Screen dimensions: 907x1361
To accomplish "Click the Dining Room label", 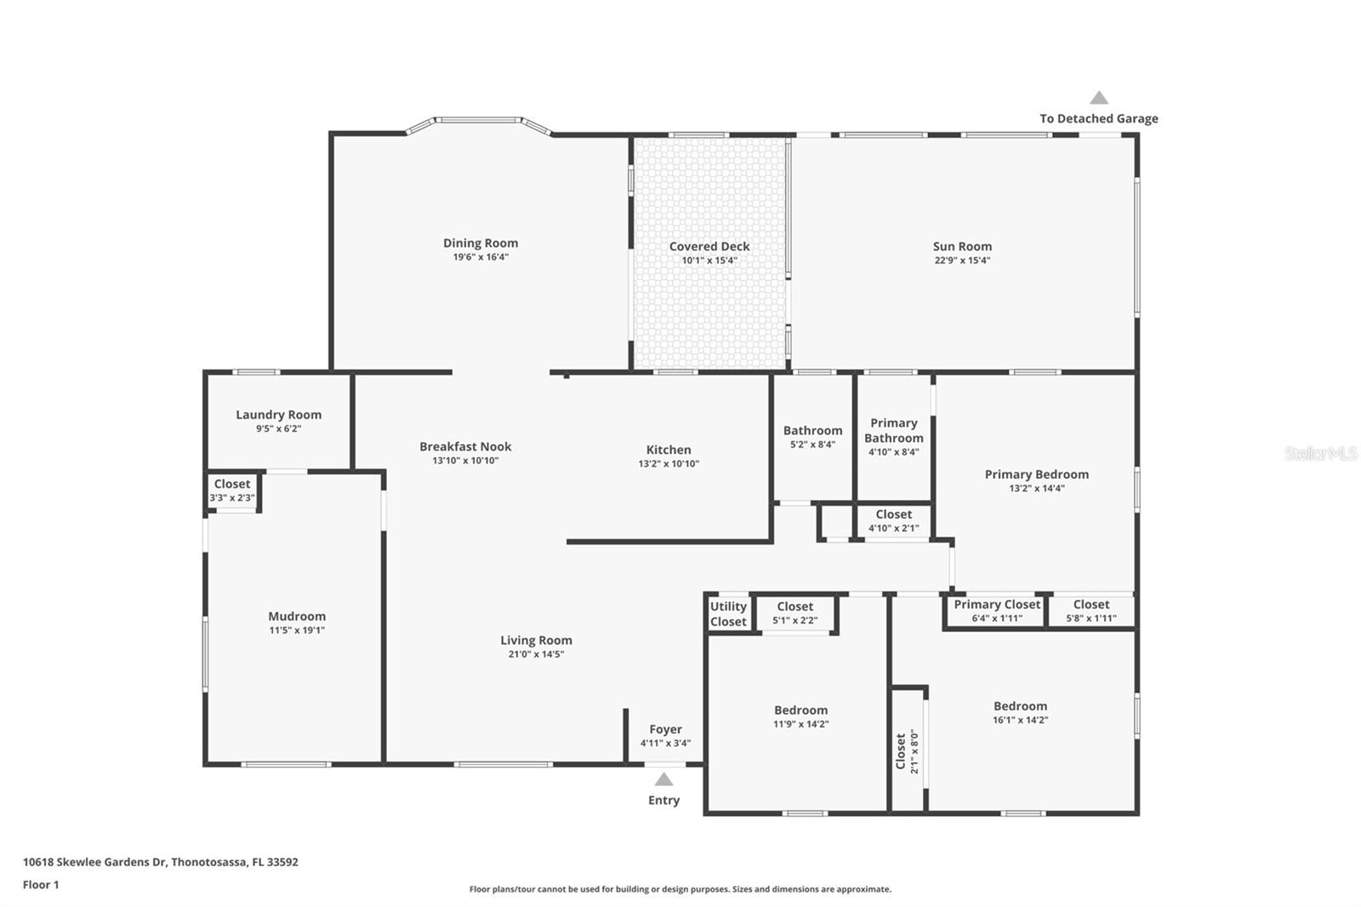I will (480, 243).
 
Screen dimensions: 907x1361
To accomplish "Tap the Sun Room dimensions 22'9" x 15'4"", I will (962, 261).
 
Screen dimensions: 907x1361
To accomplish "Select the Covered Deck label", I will (709, 247).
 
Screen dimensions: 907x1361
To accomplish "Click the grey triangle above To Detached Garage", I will (1099, 98).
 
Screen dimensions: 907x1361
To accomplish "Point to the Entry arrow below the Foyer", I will (663, 779).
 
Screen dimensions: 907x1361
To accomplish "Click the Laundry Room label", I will (278, 415).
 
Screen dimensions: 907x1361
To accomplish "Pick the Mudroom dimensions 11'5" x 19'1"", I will (297, 630).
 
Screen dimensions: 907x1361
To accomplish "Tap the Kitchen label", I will (669, 450).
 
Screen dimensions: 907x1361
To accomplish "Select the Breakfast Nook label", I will (465, 447).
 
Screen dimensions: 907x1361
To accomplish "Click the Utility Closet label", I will (728, 613).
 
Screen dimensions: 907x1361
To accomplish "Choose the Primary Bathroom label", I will (893, 431).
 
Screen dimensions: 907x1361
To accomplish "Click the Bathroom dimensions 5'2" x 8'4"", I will (812, 444).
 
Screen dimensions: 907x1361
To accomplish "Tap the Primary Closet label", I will (997, 605).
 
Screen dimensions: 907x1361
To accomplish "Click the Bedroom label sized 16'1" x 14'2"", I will (1020, 706).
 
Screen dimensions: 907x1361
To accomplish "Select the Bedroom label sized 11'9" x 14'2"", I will (800, 710).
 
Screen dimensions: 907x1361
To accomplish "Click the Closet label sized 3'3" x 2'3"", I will (232, 484).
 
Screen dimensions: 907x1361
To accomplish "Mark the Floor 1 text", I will (41, 885).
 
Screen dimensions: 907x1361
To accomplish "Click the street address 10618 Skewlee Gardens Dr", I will (160, 862).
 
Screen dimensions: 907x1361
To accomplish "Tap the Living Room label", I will (536, 641).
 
